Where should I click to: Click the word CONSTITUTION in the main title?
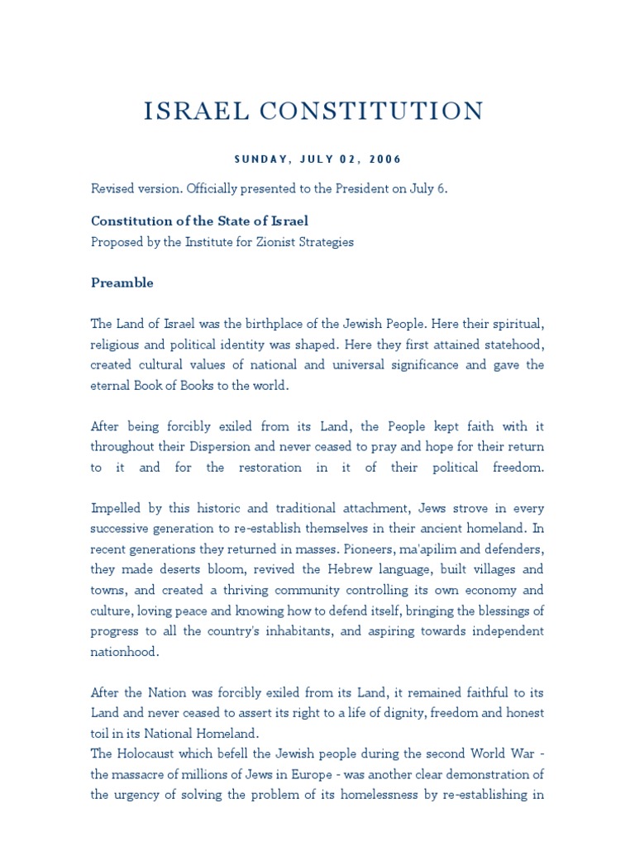387,111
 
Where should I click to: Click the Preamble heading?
122,283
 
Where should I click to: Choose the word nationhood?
125,651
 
